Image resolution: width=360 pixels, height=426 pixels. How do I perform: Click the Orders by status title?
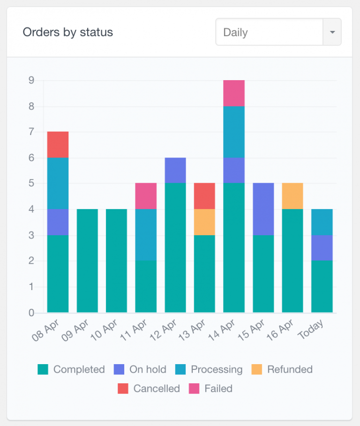tap(68, 32)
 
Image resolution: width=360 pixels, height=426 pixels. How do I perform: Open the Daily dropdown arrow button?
tap(332, 32)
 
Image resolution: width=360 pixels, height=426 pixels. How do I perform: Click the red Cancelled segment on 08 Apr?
tap(58, 145)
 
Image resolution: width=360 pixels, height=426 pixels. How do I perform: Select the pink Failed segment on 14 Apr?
tap(234, 93)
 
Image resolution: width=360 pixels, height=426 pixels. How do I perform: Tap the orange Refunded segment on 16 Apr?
tap(292, 196)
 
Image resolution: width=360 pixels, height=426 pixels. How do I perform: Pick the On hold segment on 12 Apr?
tap(175, 170)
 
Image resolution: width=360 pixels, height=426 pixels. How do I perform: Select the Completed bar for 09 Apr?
tap(87, 261)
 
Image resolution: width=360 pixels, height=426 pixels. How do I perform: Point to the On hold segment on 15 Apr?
tap(263, 209)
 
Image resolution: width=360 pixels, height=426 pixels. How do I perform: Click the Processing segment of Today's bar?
tap(322, 222)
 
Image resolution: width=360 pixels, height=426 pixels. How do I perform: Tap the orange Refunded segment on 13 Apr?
tap(204, 222)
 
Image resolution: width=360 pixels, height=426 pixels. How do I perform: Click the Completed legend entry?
tap(71, 369)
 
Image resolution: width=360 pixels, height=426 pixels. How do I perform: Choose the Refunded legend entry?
tap(282, 369)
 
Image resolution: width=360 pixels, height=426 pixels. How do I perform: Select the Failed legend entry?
tap(211, 389)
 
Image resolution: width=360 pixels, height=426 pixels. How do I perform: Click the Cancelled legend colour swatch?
tap(123, 389)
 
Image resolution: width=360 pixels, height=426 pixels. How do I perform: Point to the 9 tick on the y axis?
tap(31, 80)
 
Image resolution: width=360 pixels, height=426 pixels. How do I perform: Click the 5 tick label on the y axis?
tap(31, 183)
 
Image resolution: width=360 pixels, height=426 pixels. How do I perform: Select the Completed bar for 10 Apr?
tap(117, 261)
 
